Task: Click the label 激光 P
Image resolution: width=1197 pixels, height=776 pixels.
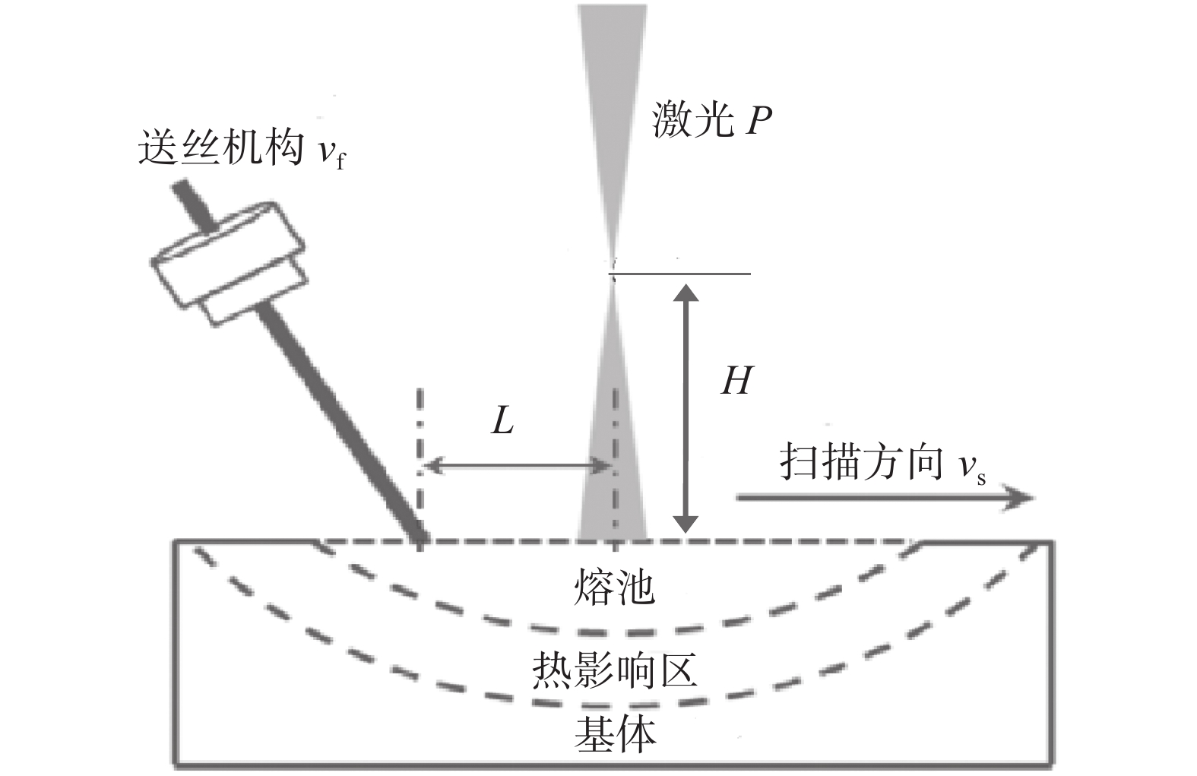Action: pyautogui.click(x=711, y=120)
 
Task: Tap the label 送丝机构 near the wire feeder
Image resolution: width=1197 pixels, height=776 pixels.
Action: pyautogui.click(x=220, y=147)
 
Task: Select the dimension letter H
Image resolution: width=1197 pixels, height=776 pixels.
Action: pyautogui.click(x=736, y=380)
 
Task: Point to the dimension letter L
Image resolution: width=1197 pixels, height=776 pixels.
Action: pyautogui.click(x=503, y=419)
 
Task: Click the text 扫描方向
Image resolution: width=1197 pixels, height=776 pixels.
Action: pyautogui.click(x=861, y=463)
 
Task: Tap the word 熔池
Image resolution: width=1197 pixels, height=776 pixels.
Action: pyautogui.click(x=614, y=587)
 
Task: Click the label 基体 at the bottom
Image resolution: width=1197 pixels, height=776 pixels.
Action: pyautogui.click(x=614, y=733)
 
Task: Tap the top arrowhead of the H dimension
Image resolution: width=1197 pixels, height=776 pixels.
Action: pyautogui.click(x=686, y=293)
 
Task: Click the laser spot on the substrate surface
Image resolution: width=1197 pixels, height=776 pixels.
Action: pyautogui.click(x=613, y=536)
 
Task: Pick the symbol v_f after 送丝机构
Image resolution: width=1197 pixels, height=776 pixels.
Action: pyautogui.click(x=331, y=152)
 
